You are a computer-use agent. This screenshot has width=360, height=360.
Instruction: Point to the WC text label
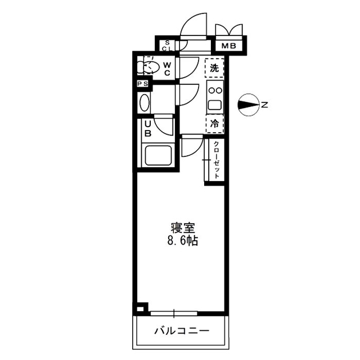[167, 67]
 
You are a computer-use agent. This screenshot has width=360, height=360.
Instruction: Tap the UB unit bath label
[147, 129]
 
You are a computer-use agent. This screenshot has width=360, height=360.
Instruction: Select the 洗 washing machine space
[214, 68]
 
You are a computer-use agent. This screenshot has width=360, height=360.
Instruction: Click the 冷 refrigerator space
[214, 123]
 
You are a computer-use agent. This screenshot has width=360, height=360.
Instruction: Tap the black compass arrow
[247, 104]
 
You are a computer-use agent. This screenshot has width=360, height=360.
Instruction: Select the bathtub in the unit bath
[158, 155]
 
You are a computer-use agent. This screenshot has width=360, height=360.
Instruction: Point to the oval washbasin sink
[144, 103]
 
